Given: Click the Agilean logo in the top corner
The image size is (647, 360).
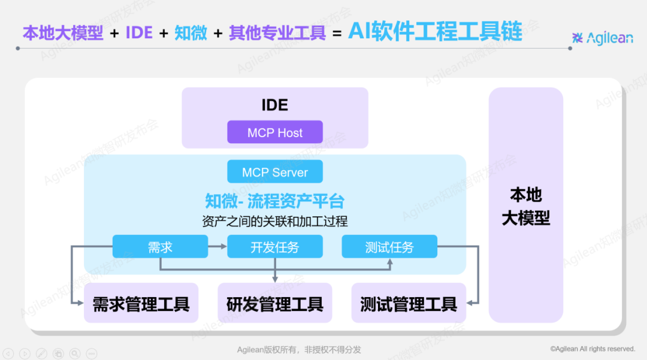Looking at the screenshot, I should [x=603, y=38].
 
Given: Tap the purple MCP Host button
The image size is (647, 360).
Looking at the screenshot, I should [x=275, y=132].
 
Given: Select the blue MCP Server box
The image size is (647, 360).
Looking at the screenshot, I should [x=275, y=172].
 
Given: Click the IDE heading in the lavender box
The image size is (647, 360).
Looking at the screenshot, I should [x=275, y=105].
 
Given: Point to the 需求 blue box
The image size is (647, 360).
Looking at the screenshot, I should [x=160, y=247].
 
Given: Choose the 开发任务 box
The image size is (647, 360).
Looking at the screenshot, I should [x=275, y=247].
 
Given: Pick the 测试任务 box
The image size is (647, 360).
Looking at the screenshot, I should [x=389, y=247].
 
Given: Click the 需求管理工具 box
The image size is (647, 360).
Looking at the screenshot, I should [x=141, y=304].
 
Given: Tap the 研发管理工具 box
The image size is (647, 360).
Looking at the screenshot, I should [x=275, y=304].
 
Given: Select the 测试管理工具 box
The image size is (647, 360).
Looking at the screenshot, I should [x=409, y=304].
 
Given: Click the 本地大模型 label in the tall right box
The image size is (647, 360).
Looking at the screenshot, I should [x=526, y=207].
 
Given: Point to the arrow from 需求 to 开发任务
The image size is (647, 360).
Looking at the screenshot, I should [x=217, y=247].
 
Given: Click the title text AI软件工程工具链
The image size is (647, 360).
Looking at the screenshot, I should [x=435, y=31].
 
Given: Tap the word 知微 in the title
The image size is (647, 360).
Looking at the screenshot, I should [x=191, y=33].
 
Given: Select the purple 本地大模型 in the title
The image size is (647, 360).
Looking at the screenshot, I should [x=63, y=33].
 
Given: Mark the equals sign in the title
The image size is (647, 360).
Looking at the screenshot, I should [x=337, y=34].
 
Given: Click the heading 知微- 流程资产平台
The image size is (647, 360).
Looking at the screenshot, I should [x=275, y=200].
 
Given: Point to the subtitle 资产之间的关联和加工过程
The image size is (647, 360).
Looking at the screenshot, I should [x=275, y=221].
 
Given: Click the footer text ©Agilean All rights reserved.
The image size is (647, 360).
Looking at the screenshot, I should [x=592, y=349].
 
